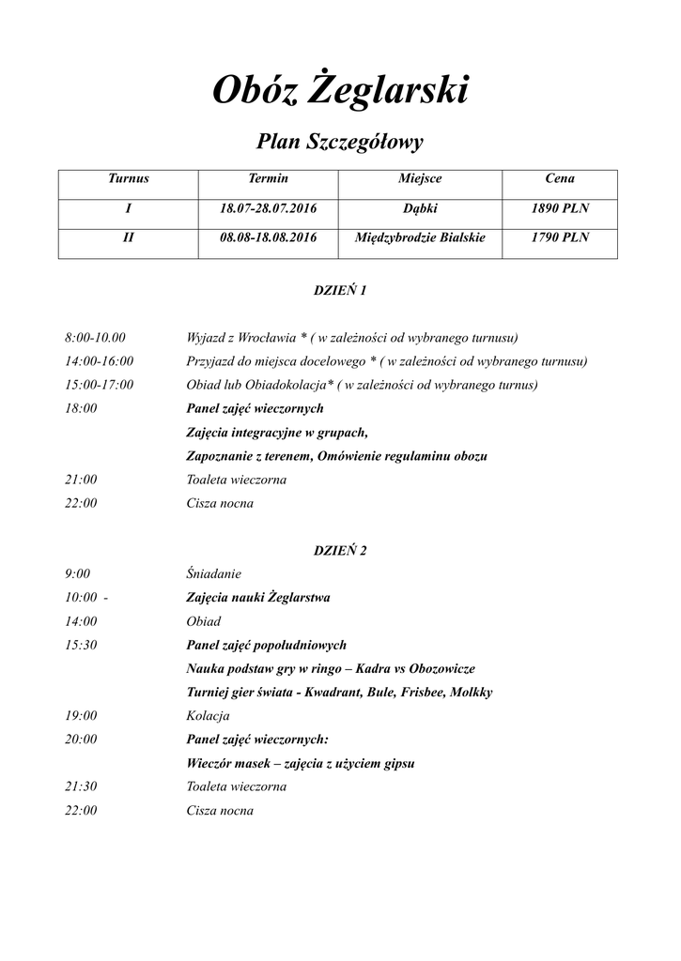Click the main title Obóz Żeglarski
tap(340, 91)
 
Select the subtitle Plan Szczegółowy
tap(340, 142)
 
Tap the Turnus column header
tap(128, 178)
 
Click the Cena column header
tap(560, 178)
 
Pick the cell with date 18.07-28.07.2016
tap(269, 208)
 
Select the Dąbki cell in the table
tap(420, 208)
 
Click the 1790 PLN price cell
tap(560, 238)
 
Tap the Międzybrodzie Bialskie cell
tap(420, 238)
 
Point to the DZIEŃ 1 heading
tap(339, 291)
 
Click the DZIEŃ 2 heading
tap(339, 551)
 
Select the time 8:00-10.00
tap(95, 338)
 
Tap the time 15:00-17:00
tap(99, 385)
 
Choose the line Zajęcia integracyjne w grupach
tap(277, 433)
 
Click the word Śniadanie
tap(214, 573)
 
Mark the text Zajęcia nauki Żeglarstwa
tap(258, 597)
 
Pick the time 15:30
tap(81, 645)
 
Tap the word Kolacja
tap(209, 716)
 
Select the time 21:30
tap(81, 787)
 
